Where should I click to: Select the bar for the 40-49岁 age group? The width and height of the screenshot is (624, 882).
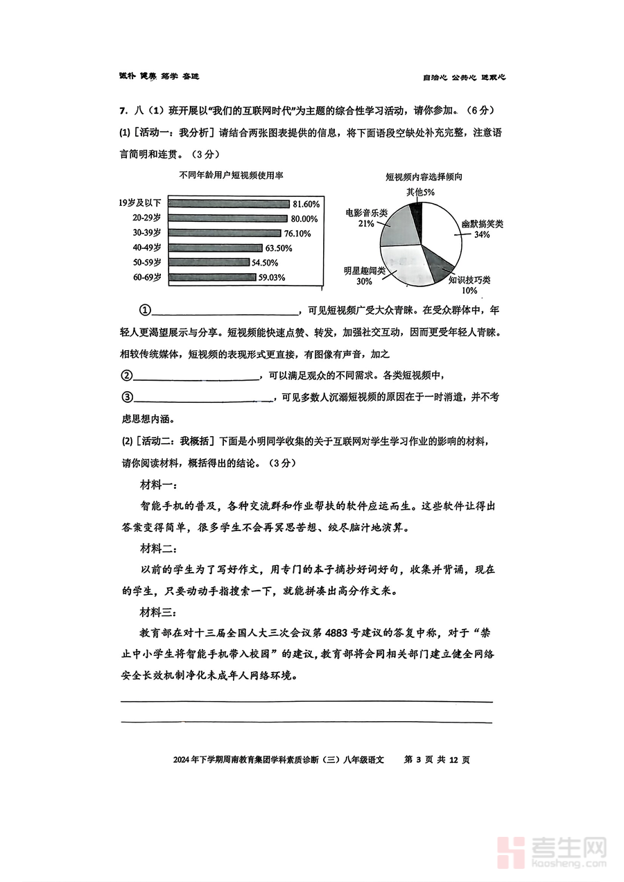(215, 248)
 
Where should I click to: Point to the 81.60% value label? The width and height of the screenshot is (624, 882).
(306, 204)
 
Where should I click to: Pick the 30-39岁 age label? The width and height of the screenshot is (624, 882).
(147, 233)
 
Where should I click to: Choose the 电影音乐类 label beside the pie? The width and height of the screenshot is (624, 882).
(367, 213)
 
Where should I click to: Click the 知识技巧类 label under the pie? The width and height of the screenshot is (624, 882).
(469, 279)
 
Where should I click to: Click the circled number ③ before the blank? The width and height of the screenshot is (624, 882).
(127, 397)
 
